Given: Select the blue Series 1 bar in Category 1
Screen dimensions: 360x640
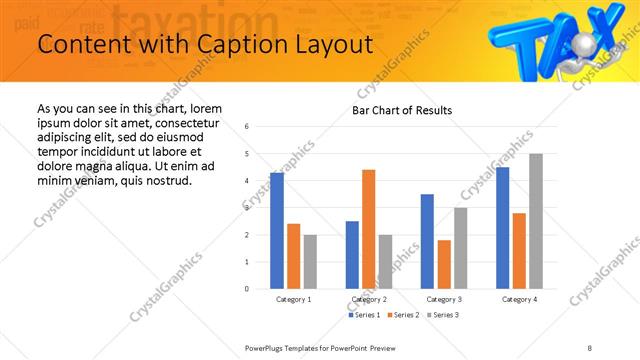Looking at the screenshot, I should click(x=277, y=230).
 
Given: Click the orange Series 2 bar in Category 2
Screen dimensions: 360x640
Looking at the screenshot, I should click(x=368, y=228).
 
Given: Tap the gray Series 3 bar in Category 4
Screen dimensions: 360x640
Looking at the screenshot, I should click(x=536, y=221).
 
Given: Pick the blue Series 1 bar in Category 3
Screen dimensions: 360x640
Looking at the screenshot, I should click(x=427, y=241).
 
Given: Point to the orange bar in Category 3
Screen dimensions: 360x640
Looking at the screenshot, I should click(x=444, y=264).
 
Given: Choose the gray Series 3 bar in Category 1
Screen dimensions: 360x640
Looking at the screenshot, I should click(x=310, y=261).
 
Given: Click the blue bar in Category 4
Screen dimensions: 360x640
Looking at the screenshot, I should click(x=503, y=227).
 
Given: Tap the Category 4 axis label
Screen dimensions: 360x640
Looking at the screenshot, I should click(x=519, y=299).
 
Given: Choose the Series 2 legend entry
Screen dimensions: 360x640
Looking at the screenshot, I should click(x=403, y=315).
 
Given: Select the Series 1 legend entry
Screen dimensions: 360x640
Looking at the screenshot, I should click(x=364, y=315).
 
